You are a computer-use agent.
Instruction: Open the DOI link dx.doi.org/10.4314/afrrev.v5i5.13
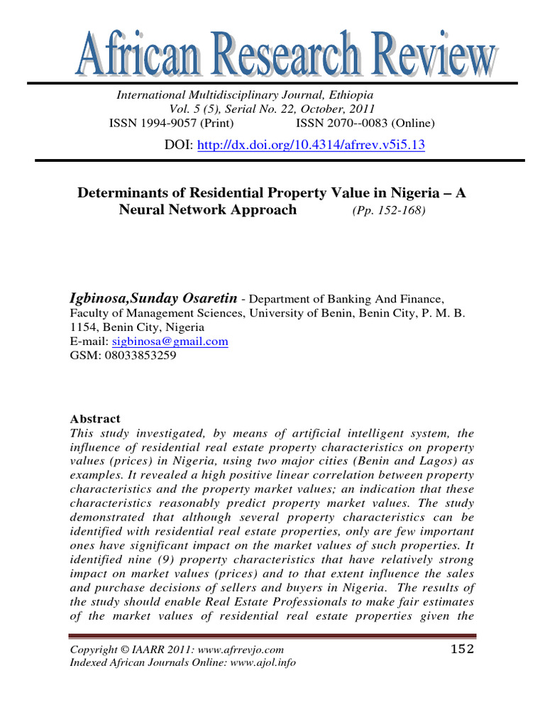point(310,145)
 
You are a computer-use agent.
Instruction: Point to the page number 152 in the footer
point(462,649)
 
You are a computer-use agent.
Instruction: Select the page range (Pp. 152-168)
point(389,211)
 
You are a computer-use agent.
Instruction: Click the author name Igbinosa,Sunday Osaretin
point(153,300)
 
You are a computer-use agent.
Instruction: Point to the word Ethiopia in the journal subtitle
point(349,94)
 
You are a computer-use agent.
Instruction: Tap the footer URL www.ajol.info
point(260,663)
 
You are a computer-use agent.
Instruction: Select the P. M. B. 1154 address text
point(439,313)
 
